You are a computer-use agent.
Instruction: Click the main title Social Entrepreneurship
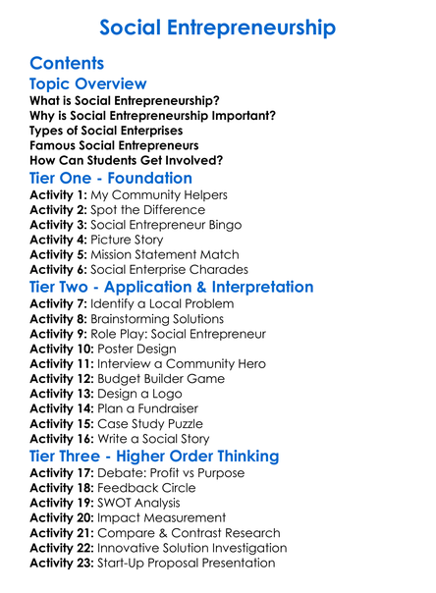point(217,27)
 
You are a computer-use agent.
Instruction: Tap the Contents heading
point(67,64)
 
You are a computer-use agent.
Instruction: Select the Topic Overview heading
point(88,84)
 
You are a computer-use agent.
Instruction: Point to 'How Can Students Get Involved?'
point(127,160)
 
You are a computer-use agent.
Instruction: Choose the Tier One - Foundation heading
point(111,178)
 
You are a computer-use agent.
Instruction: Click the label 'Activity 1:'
point(59,195)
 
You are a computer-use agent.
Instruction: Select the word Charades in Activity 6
point(220,269)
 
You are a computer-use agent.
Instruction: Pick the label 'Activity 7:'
point(59,304)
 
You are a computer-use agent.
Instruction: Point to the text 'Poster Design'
point(136,349)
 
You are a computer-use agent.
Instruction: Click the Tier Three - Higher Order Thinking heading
point(154,456)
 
